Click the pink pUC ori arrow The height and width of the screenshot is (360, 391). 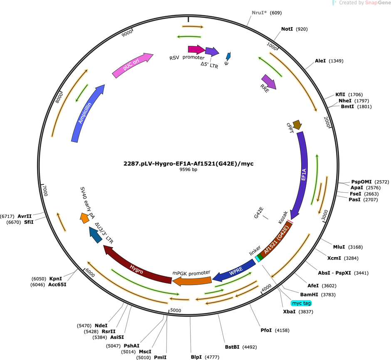pos(132,65)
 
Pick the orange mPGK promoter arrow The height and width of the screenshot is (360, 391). pos(192,281)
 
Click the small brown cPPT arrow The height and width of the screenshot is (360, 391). pos(297,125)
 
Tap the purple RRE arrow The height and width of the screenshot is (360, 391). pos(269,82)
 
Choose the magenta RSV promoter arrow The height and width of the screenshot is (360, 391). pos(196,50)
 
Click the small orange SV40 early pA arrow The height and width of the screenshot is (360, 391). pos(84,218)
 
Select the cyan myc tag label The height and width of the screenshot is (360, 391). pos(301,303)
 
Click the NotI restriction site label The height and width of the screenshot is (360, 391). pos(287,29)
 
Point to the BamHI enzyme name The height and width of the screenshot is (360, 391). pos(309,295)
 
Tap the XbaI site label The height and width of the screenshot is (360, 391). pos(289,312)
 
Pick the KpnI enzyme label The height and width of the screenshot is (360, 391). pos(56,279)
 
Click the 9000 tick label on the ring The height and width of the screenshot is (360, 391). pos(127,33)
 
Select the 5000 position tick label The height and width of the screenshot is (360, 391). pos(176,310)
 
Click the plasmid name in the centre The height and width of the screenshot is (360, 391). pos(188,164)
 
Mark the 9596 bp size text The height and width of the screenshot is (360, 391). pos(188,170)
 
